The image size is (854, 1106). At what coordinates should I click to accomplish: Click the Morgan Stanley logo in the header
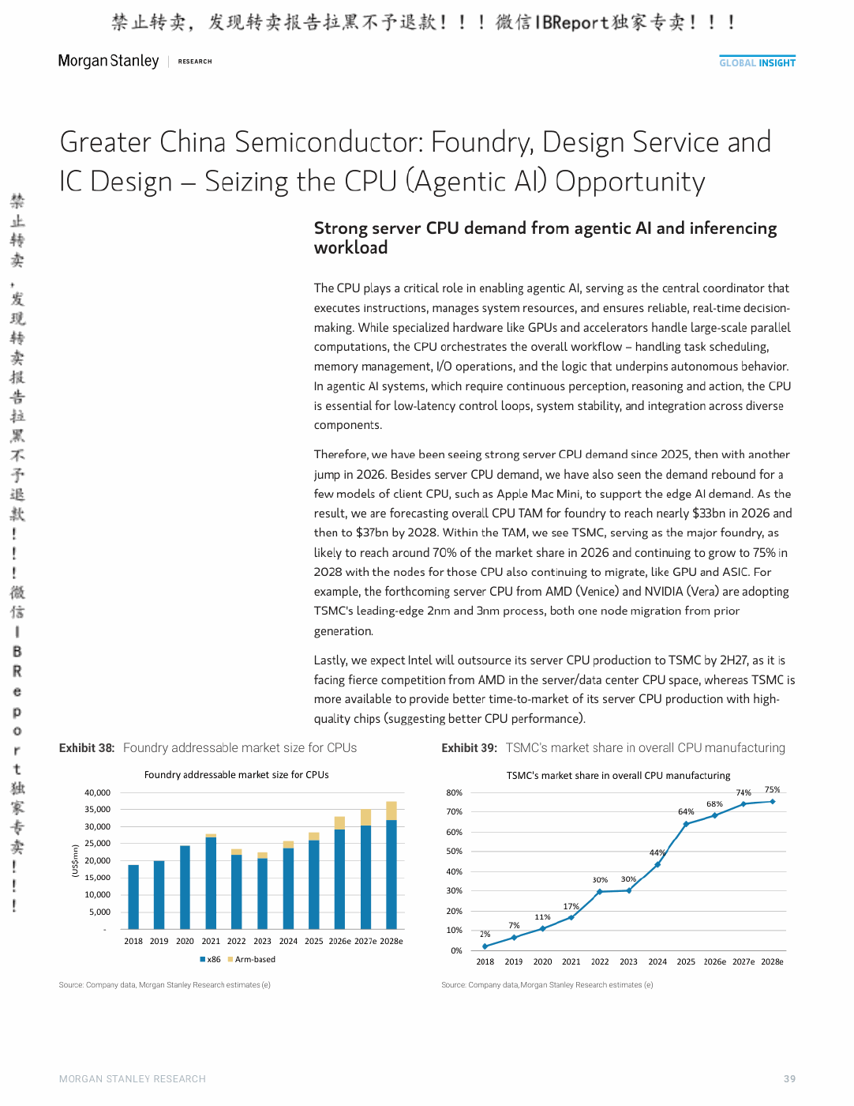coord(108,61)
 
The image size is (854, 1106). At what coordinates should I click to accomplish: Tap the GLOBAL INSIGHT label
coord(757,62)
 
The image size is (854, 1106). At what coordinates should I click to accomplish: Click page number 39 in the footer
coord(789,1078)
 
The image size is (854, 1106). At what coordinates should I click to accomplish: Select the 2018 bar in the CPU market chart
coord(133,897)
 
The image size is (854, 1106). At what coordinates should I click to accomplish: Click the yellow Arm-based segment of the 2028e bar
coord(391,811)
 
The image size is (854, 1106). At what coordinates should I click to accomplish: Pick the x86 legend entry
coord(210,959)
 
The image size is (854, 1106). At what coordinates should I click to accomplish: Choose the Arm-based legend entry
coord(251,959)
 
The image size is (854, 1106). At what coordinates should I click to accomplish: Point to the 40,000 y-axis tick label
coord(97,792)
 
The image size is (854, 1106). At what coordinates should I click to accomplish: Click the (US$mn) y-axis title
coord(75,860)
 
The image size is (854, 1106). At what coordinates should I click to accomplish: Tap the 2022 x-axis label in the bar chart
coord(236,941)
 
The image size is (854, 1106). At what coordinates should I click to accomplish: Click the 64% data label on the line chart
coord(686,811)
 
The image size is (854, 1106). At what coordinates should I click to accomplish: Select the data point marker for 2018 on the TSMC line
coord(485,946)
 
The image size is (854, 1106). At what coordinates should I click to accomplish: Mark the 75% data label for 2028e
coord(772,789)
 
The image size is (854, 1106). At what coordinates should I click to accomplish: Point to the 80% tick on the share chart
coord(454,792)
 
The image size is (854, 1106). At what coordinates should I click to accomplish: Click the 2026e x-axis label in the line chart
coord(715,961)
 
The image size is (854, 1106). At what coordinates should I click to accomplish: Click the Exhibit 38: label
coord(87,747)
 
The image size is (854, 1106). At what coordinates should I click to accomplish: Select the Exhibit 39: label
coord(469,747)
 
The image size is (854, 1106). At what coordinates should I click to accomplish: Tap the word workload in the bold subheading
coord(350,247)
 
